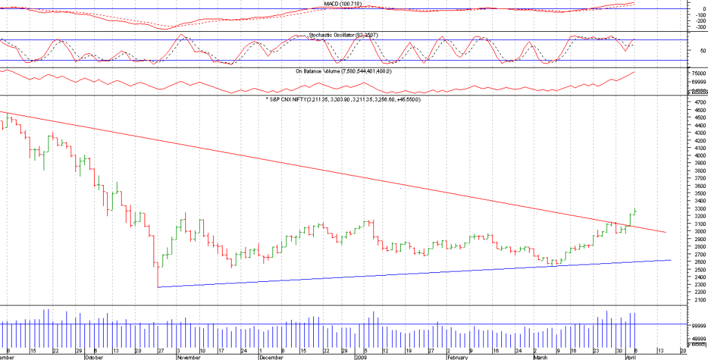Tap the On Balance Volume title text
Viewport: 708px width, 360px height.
(x=344, y=71)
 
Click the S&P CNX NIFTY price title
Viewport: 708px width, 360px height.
(x=343, y=100)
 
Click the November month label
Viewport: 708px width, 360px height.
(x=189, y=357)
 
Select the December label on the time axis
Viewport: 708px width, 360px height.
(x=271, y=357)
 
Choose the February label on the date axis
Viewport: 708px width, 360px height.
(x=458, y=357)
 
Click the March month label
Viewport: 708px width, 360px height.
(x=541, y=357)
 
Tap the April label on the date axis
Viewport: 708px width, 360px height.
(x=630, y=357)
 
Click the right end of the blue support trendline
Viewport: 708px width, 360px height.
(x=671, y=260)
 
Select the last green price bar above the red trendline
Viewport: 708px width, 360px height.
(x=635, y=211)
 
